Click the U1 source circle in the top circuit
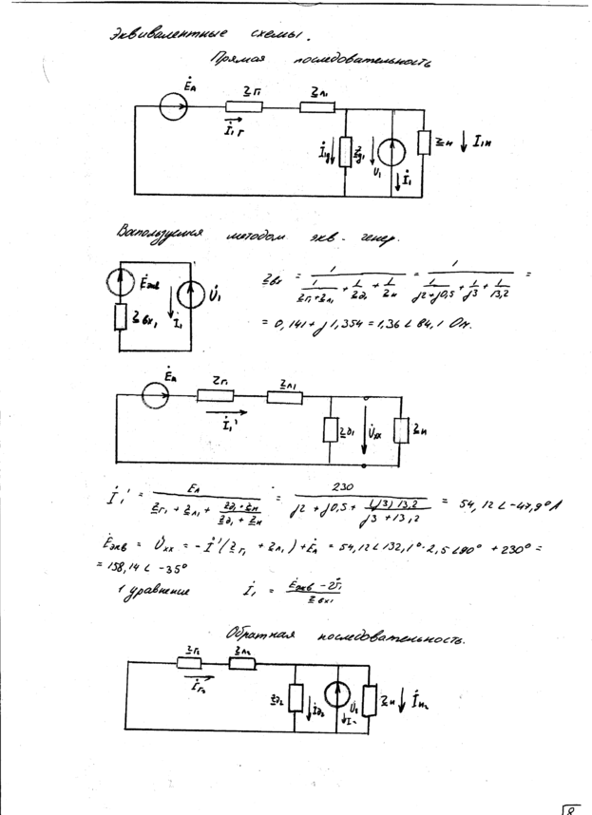396,152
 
